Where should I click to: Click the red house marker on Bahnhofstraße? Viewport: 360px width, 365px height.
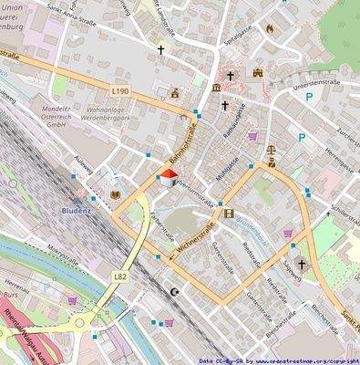[x=168, y=179]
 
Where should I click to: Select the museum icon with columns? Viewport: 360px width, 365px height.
[x=215, y=87]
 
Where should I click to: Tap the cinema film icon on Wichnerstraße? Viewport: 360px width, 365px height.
[x=216, y=214]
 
